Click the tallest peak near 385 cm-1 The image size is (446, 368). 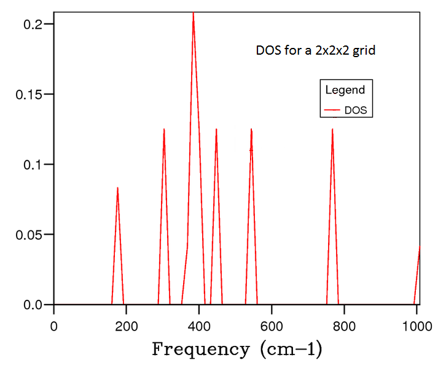tap(193, 15)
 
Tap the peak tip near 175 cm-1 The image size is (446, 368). tap(117, 189)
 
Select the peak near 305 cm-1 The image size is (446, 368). tap(164, 130)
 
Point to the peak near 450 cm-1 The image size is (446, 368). tap(216, 130)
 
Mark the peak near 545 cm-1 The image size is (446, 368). tap(251, 130)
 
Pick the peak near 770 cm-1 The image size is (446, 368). tap(332, 130)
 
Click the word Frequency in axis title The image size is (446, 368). tap(200, 350)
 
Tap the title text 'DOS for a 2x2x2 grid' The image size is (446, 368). tap(315, 50)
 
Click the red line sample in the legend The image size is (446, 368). tap(332, 111)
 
